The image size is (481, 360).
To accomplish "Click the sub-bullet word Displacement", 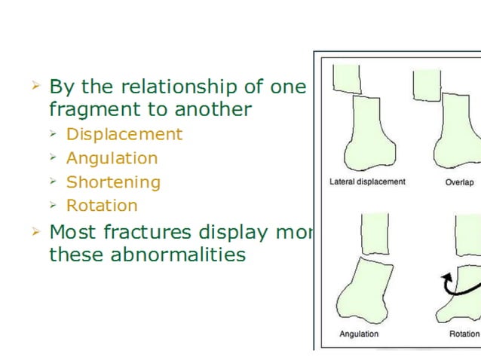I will point(124,135).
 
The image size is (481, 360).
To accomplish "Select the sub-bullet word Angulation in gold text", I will point(112,158).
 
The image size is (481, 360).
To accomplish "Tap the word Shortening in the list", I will point(113,182).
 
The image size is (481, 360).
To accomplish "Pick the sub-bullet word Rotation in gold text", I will point(102,206).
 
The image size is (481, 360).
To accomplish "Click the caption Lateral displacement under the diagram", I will point(367,182).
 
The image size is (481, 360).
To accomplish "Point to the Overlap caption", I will point(459,182).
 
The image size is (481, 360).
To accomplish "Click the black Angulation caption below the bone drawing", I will point(359,334).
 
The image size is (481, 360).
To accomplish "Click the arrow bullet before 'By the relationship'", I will point(35,86).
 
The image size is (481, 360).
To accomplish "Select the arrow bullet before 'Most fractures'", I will point(35,230).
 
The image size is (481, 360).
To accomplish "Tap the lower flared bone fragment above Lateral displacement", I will point(367,132).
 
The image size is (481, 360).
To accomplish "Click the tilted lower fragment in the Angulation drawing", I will point(366,290).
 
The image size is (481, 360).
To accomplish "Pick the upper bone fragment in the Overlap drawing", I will point(427,84).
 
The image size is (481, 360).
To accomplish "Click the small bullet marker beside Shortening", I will point(53,182).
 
